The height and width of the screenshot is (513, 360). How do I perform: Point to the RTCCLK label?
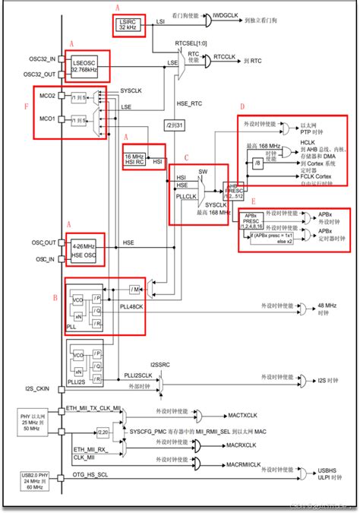(x=226, y=57)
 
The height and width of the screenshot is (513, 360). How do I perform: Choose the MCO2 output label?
(x=47, y=97)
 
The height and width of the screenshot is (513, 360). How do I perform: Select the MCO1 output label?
(x=47, y=119)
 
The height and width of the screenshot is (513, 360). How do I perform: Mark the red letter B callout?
(x=54, y=299)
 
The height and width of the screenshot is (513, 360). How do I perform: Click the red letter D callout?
(x=242, y=107)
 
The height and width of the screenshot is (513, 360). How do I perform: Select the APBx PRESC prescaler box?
(x=254, y=221)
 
